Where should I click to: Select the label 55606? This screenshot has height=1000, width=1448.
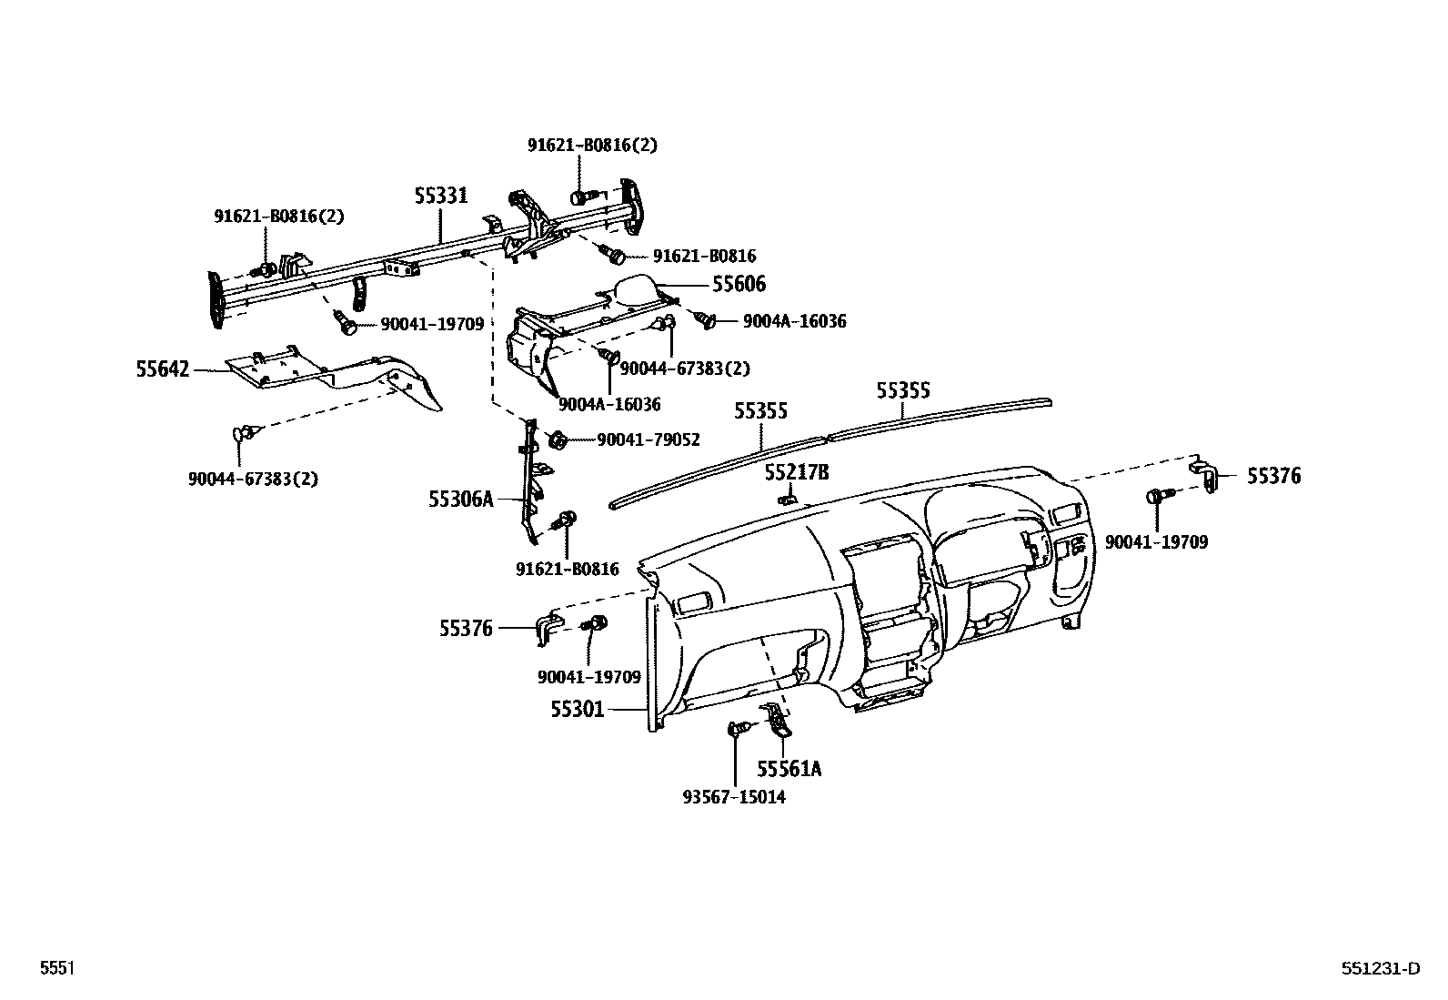tap(738, 285)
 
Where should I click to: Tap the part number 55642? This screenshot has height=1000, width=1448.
tap(163, 369)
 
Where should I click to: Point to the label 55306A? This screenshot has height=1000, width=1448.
tap(461, 499)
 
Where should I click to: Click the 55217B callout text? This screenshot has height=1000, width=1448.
tap(797, 472)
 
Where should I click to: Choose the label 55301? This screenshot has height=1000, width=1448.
tap(577, 709)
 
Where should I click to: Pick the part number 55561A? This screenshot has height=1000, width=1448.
tap(789, 770)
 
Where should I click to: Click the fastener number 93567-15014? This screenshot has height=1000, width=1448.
tap(733, 797)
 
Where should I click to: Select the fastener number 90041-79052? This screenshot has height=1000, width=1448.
tap(648, 440)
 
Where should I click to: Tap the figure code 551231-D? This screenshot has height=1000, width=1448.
tap(1379, 969)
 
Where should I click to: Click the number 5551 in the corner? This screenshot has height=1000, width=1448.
tap(56, 969)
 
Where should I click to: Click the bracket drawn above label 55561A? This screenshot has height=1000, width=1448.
tap(779, 721)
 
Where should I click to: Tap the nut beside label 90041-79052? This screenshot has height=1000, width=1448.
tap(558, 440)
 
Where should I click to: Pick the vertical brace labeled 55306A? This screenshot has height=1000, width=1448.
tap(530, 482)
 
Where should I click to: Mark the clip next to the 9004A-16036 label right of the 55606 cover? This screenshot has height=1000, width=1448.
tap(706, 318)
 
